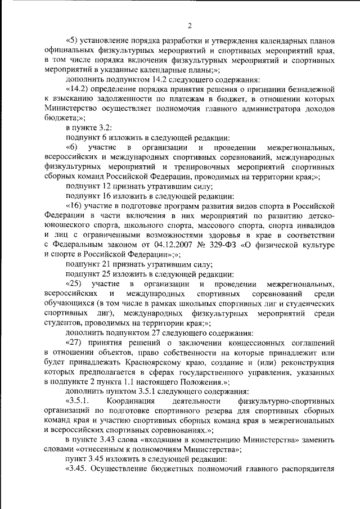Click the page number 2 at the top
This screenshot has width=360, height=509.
pos(190,25)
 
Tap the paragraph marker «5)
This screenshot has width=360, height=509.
pos(73,42)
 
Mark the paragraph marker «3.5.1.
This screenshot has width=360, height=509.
pos(78,402)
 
